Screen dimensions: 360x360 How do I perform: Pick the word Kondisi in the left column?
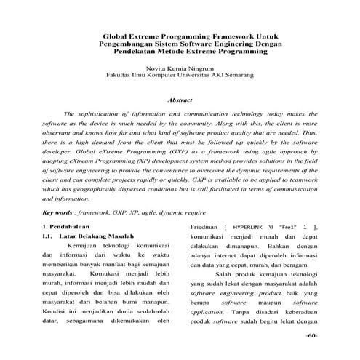coord(55,300)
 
